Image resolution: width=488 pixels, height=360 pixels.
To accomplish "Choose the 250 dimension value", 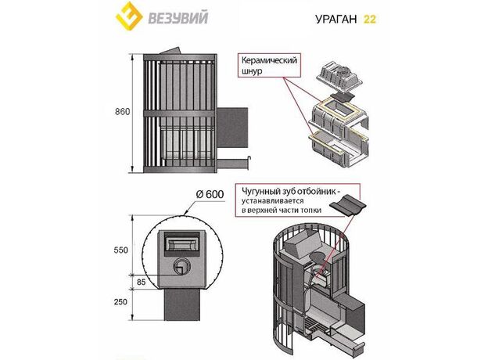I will [121, 302].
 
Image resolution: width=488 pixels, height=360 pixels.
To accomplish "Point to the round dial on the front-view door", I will [181, 265].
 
